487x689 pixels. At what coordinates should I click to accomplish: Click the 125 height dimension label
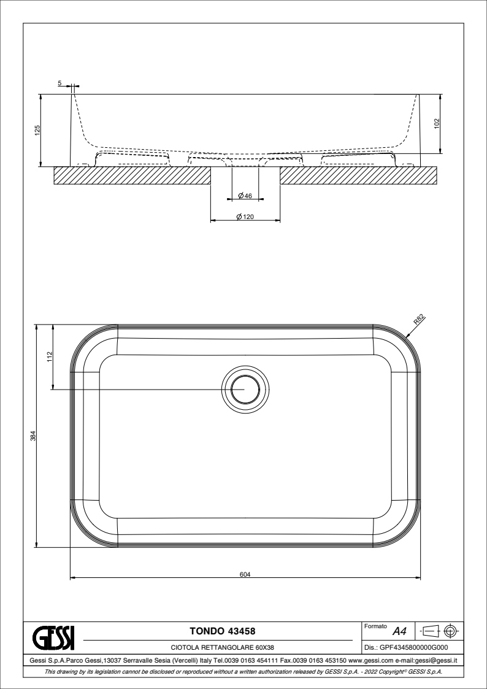37,130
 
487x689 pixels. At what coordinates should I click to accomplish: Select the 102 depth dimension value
437,123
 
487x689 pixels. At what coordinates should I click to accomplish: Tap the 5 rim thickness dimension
59,83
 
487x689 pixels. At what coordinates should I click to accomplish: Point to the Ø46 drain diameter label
245,196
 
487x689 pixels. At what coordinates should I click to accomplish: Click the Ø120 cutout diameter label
245,217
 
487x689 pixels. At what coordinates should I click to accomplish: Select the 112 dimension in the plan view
50,356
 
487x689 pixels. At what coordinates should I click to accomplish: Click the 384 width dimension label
33,436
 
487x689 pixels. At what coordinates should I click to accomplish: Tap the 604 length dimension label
245,574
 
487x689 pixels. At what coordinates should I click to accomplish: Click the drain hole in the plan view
245,390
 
